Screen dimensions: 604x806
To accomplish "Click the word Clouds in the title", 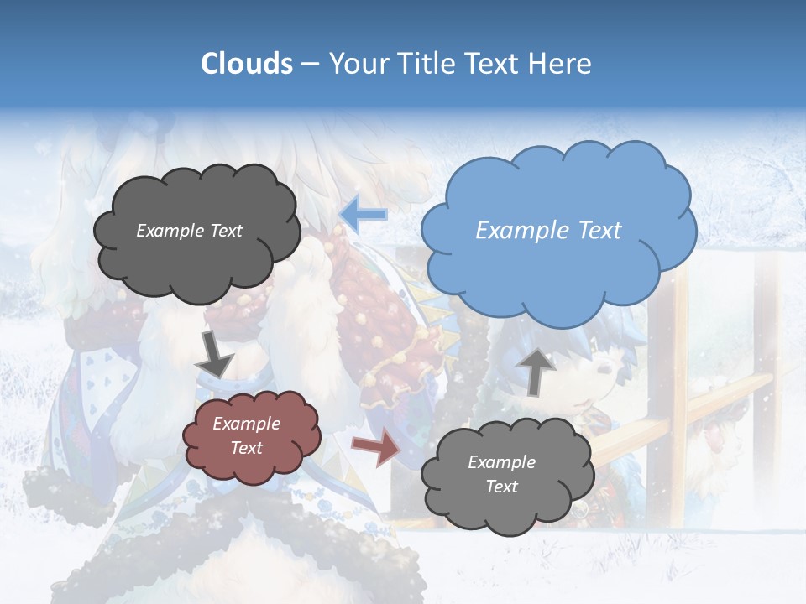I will pos(247,64).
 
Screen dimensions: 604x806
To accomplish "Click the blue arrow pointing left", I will pos(363,215).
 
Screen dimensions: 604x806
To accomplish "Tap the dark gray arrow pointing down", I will pos(215,354).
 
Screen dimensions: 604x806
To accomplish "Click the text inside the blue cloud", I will pos(548,231).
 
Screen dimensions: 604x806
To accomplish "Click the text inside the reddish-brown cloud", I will pos(246,436).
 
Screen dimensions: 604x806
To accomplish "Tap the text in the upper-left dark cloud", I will pos(189,231).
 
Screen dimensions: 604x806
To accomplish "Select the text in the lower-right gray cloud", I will pos(501,474).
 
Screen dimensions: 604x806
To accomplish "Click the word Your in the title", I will pos(358,64).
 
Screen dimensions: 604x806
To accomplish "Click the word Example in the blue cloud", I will pos(515,231).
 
